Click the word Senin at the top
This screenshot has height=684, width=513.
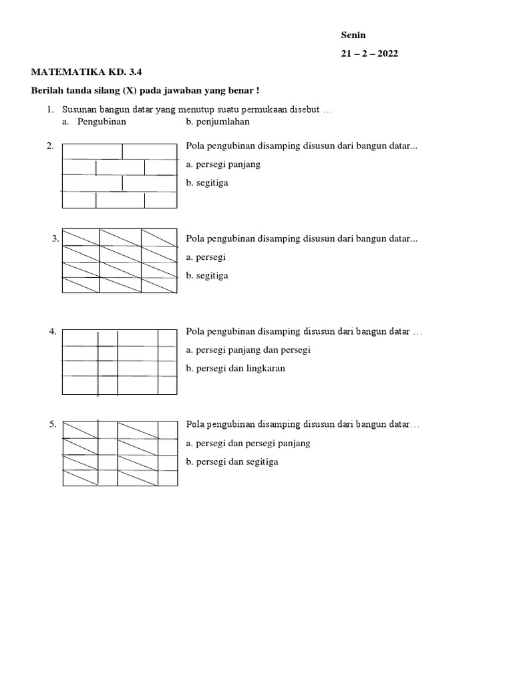[353, 35]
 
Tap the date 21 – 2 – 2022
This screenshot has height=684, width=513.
[369, 54]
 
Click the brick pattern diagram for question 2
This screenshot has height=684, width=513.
[120, 176]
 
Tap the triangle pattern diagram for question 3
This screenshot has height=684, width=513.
[120, 261]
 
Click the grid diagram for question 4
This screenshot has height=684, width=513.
[120, 362]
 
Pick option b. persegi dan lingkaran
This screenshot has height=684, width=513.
[236, 368]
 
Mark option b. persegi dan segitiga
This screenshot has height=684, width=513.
[232, 462]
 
